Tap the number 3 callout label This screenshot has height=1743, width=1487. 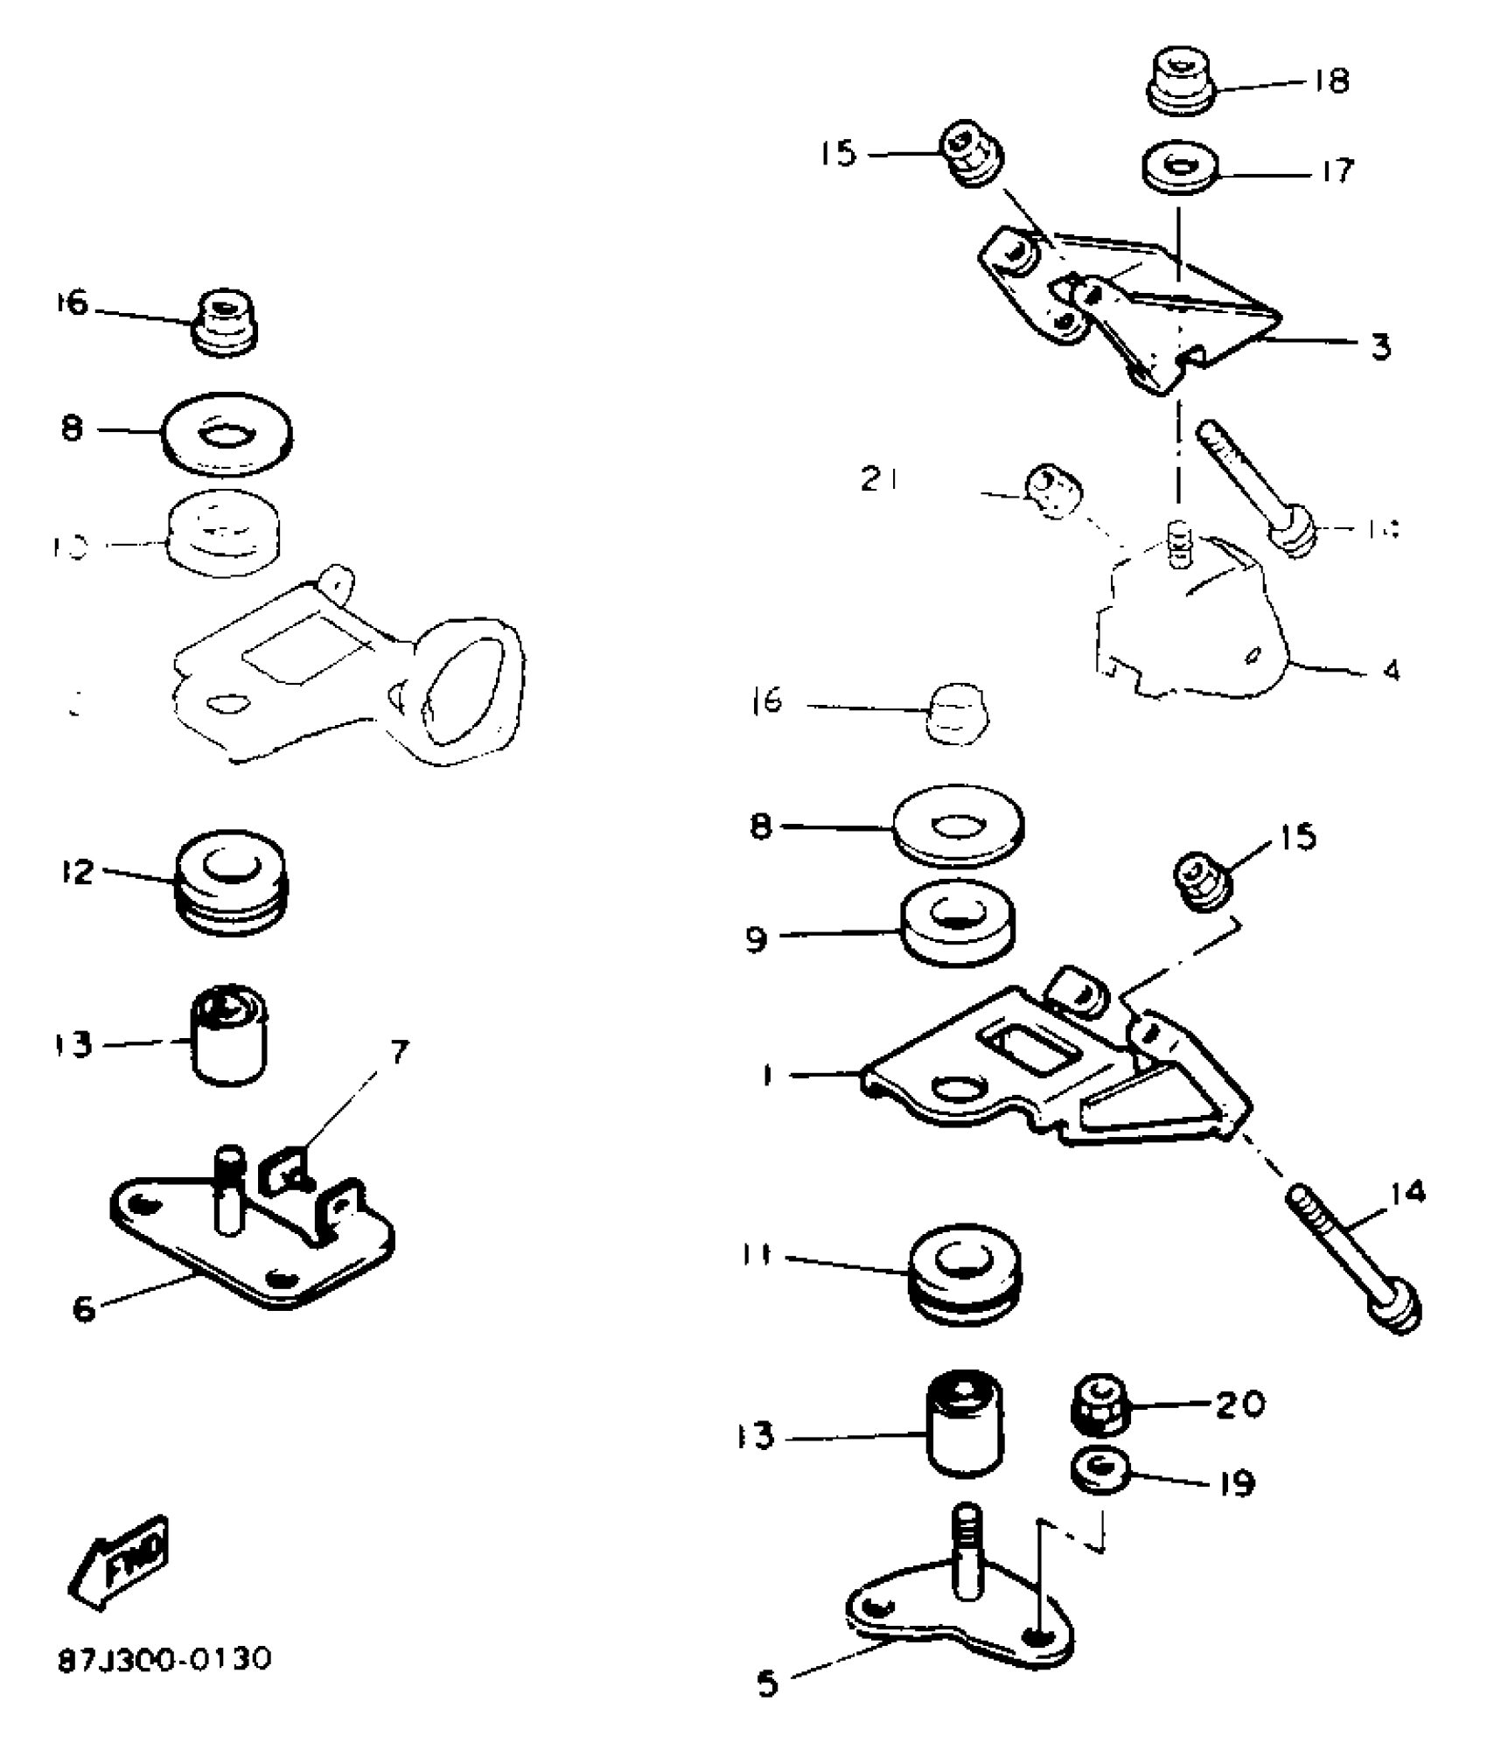pos(1379,347)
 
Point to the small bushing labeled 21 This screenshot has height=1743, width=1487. pos(1053,492)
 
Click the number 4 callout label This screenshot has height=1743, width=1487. pos(1391,671)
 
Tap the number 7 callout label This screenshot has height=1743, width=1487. pos(399,1053)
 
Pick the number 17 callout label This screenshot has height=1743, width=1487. pos(1336,170)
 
